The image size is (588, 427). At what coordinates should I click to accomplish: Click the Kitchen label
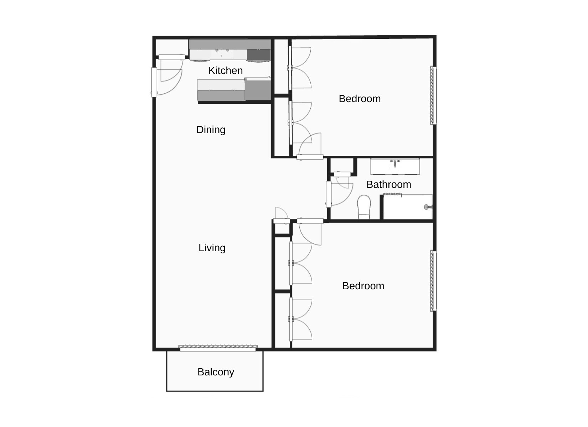coord(226,70)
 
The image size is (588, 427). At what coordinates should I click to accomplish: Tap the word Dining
coord(211,130)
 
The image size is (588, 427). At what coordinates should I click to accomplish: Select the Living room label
coord(212,248)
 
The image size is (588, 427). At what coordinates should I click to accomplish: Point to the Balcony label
coord(216,372)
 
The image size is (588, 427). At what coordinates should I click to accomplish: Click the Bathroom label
coord(388,184)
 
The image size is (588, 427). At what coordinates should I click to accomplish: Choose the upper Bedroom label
coord(360,99)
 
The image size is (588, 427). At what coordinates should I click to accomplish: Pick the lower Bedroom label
coord(363,286)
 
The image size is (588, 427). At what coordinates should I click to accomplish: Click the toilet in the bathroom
coord(364,207)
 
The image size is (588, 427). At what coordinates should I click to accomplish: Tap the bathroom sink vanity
coord(395,167)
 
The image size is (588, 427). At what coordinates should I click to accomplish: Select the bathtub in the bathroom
coord(407,207)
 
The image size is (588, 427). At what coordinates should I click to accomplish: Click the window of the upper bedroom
coord(433,95)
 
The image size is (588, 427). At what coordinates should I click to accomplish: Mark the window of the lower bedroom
coord(433,281)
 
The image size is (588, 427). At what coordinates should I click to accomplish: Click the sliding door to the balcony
coord(218,348)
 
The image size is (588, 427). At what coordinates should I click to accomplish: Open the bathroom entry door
coord(329,194)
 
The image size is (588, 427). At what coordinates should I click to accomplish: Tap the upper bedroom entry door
coord(310,157)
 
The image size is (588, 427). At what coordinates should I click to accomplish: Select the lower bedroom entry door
coord(310,221)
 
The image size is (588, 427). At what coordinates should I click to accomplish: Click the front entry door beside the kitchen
coord(154,82)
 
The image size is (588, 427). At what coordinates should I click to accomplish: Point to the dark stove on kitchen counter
coord(259,55)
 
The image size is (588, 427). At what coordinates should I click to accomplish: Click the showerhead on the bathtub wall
coord(427,207)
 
